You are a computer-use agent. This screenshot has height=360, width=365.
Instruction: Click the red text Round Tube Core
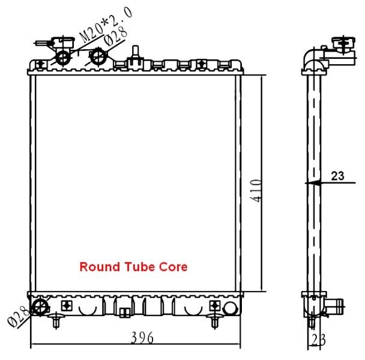click(133, 266)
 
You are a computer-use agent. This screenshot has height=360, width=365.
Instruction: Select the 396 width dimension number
click(142, 338)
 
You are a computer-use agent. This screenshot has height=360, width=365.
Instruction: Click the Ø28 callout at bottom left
click(18, 316)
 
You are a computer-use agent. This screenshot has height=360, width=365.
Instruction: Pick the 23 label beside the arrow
click(337, 176)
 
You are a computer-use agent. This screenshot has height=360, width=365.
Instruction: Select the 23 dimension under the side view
click(318, 340)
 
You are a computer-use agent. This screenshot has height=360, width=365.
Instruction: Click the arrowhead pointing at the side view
click(313, 183)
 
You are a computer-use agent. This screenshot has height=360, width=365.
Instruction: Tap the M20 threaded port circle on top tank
click(63, 57)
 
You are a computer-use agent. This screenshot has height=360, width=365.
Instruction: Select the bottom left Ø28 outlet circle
click(40, 307)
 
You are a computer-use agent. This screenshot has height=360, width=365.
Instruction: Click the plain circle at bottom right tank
click(230, 308)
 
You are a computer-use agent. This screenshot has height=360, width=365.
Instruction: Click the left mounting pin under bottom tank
click(56, 320)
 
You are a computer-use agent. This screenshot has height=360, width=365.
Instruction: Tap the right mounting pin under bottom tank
click(214, 320)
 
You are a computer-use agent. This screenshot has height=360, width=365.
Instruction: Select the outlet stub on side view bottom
click(334, 306)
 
